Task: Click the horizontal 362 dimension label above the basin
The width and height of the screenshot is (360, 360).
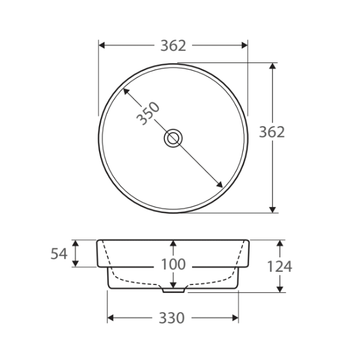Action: [x=173, y=46]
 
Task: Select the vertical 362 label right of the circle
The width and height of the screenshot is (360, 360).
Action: [x=272, y=133]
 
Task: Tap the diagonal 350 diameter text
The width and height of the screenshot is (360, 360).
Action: [x=148, y=113]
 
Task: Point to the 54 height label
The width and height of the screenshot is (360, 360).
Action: [x=59, y=254]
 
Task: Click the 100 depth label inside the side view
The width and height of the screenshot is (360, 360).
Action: [x=173, y=265]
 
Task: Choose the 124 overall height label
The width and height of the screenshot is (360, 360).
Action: [x=280, y=266]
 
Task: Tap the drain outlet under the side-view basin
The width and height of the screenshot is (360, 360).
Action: [x=173, y=289]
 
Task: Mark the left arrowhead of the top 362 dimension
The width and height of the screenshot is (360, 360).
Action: [x=102, y=45]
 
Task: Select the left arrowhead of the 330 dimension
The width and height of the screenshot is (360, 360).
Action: [x=111, y=318]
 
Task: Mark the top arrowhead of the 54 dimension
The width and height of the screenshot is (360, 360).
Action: [x=76, y=243]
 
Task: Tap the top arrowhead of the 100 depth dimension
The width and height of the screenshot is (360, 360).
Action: [x=173, y=244]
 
